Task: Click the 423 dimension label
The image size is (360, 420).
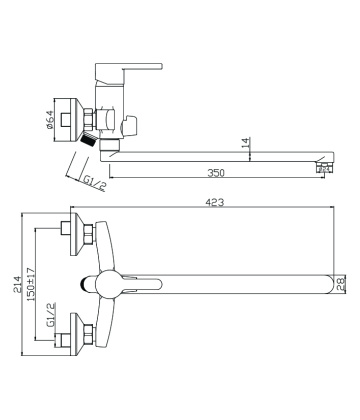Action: point(215,202)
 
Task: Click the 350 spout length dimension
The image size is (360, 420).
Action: point(216,173)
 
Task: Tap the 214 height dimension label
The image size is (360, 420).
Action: point(17,284)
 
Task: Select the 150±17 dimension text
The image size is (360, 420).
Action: point(31,284)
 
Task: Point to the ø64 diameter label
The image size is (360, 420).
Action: point(49,119)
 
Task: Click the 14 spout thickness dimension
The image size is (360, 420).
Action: point(245,143)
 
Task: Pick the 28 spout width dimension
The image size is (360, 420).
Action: point(341,284)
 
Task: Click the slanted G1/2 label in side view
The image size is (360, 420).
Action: point(94,183)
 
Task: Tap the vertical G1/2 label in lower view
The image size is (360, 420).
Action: point(51,315)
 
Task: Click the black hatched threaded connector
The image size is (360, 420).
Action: point(88,138)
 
